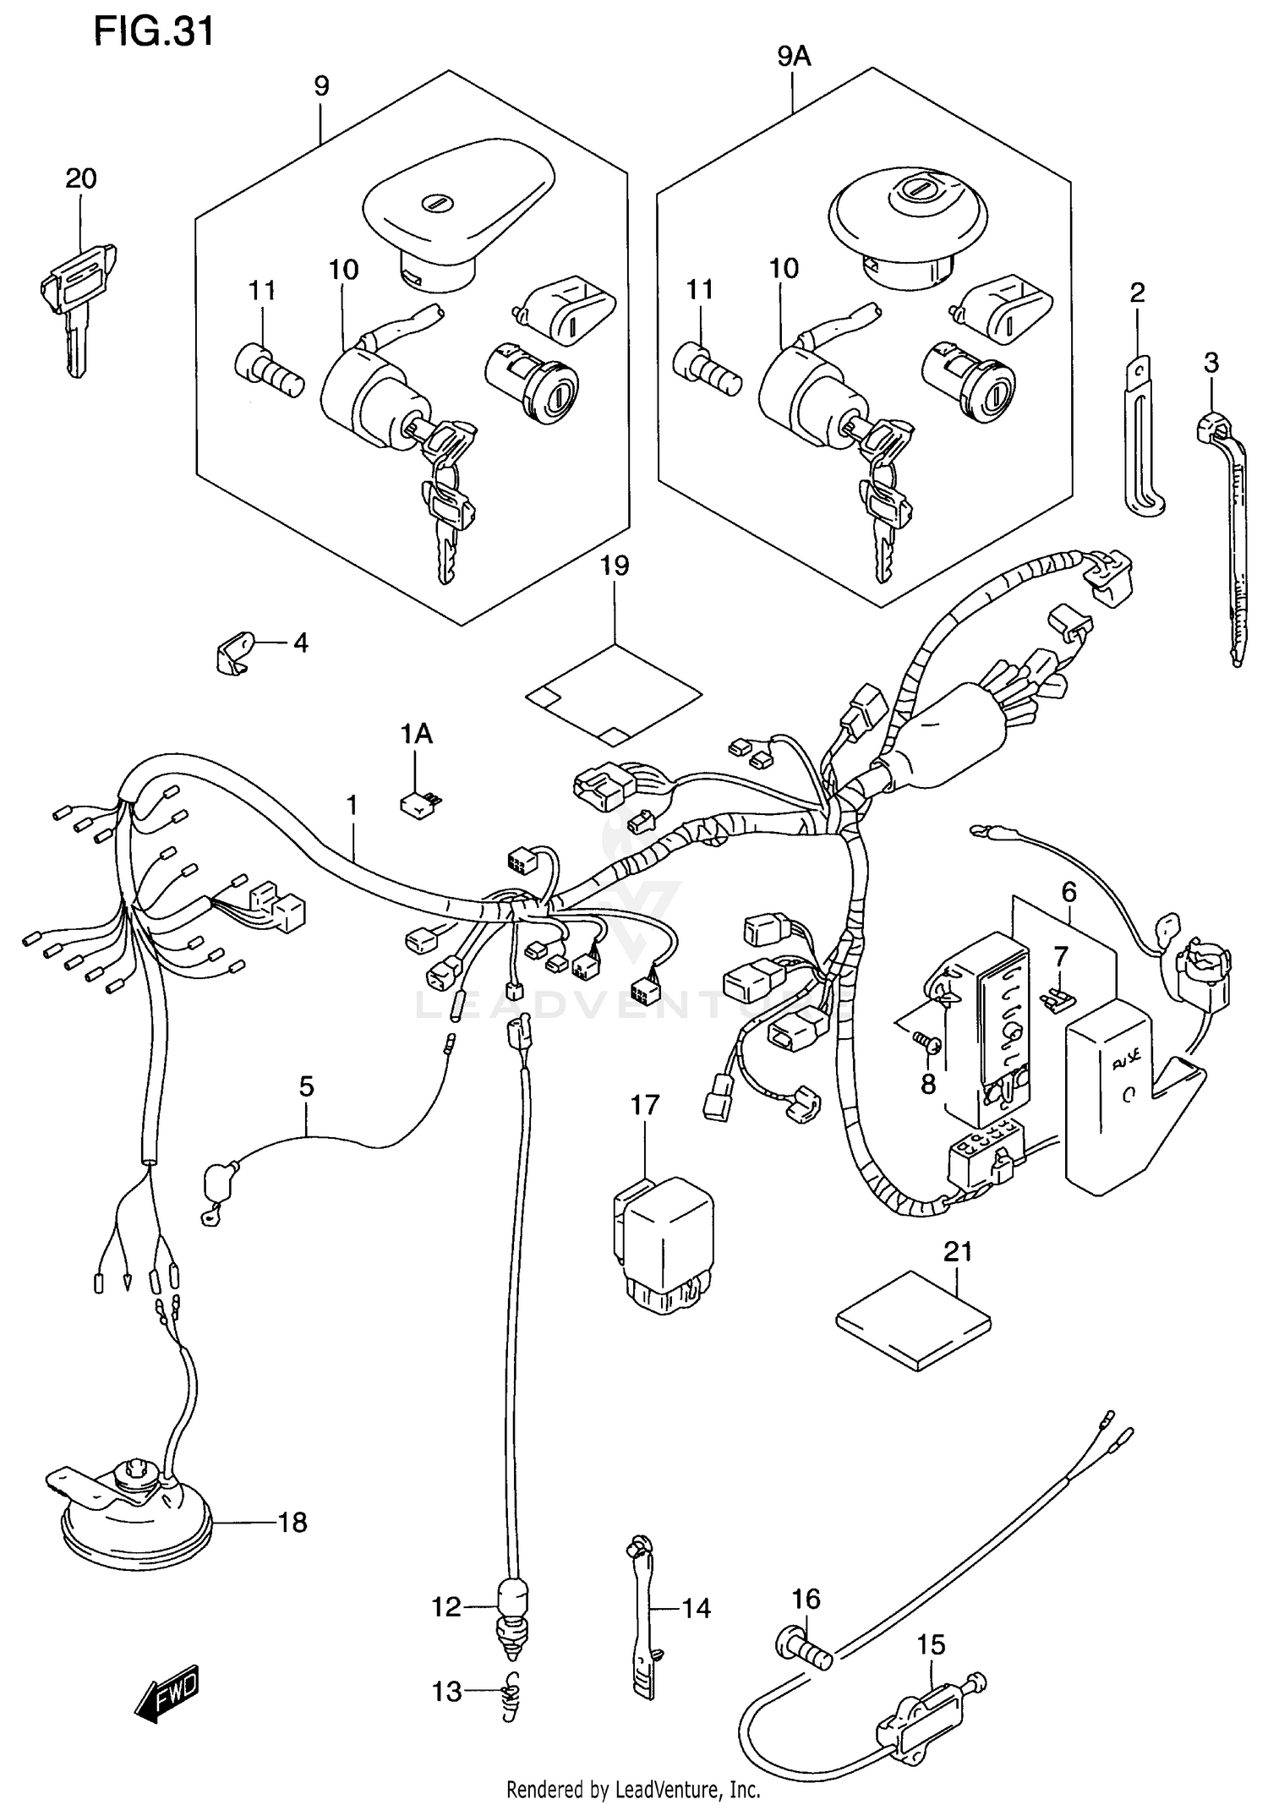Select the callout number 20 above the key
(81, 178)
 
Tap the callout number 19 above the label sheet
(615, 566)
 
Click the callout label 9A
(793, 57)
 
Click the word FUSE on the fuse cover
(1124, 1057)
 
